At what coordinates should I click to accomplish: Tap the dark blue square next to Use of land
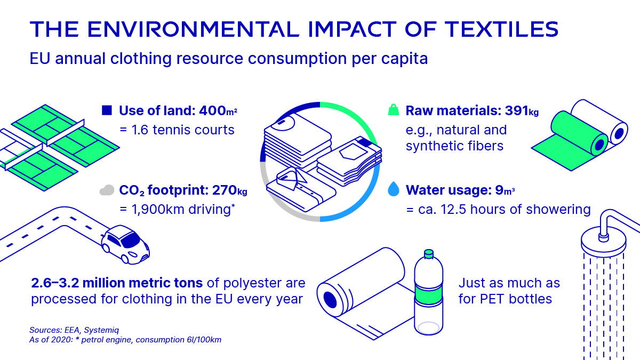click(107, 111)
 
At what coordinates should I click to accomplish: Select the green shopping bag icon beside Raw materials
click(393, 111)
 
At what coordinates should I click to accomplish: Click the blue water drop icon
click(393, 189)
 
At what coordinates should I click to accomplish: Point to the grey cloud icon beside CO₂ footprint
click(107, 190)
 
